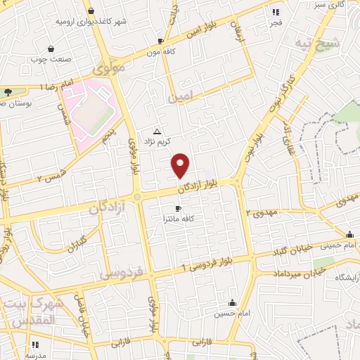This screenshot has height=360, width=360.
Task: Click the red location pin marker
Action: coord(181,165)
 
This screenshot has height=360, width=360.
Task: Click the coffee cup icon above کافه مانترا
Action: coord(178,209)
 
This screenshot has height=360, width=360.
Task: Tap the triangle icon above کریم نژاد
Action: coord(157,131)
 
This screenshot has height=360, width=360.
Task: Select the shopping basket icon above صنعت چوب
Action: coord(51,49)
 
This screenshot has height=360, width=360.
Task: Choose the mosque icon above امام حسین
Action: coord(232,303)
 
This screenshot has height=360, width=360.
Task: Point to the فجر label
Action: coord(275,22)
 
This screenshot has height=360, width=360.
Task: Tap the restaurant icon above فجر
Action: coord(275,11)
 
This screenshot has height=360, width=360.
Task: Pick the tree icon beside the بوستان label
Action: coord(8,92)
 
